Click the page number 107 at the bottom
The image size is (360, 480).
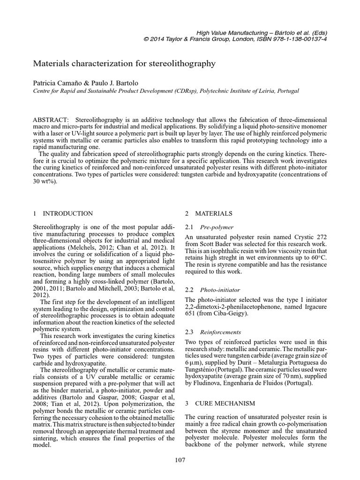(x=180, y=460)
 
